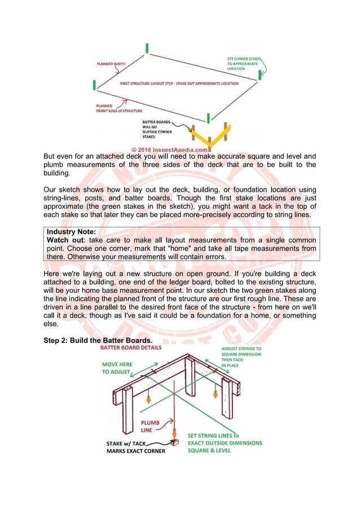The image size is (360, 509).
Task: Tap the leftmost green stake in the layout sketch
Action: click(x=94, y=85)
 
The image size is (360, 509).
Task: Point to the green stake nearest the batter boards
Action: click(x=208, y=117)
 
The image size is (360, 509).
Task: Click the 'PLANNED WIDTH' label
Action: click(x=111, y=64)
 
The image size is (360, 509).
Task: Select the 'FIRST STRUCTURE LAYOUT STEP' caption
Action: click(x=179, y=84)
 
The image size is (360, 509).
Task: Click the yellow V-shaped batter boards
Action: click(x=211, y=135)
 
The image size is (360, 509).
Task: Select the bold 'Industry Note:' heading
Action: click(x=72, y=232)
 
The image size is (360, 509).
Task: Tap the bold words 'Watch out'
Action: click(x=64, y=240)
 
